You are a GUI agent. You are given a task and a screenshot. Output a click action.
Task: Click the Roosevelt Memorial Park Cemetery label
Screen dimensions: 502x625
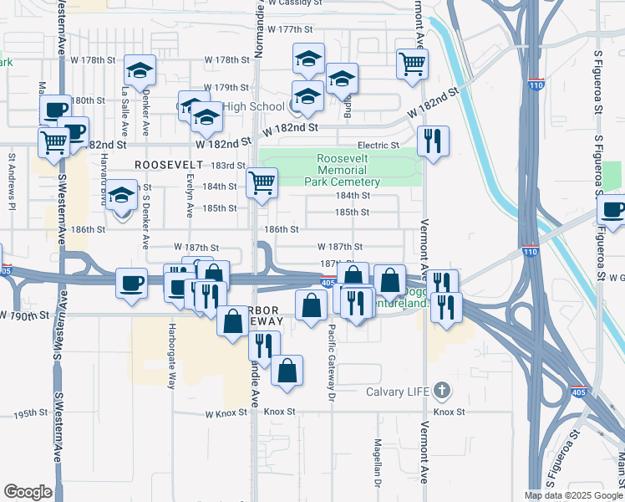pyautogui.click(x=348, y=171)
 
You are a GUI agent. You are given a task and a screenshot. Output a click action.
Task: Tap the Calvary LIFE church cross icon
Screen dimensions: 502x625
pyautogui.click(x=442, y=391)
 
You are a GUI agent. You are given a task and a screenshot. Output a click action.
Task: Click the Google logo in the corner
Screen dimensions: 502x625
pyautogui.click(x=28, y=492)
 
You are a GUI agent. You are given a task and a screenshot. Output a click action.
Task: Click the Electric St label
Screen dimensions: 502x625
pyautogui.click(x=379, y=146)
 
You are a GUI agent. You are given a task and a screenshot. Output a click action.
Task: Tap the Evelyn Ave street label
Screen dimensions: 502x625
pyautogui.click(x=191, y=192)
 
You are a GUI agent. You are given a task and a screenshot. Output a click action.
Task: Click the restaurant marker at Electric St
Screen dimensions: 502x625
pyautogui.click(x=433, y=140)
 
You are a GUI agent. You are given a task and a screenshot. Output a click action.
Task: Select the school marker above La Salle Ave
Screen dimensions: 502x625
pyautogui.click(x=140, y=69)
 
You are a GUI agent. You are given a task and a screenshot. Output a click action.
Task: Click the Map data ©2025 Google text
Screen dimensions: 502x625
pyautogui.click(x=573, y=495)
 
